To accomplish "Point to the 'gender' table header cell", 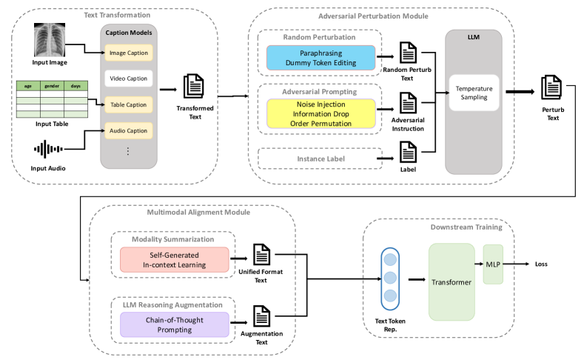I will click(x=52, y=85).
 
